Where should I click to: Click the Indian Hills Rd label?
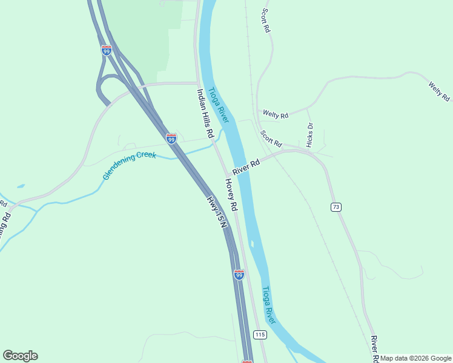(205, 113)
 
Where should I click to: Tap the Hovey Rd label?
(231, 194)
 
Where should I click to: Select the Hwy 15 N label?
(216, 211)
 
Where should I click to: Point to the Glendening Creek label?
(130, 165)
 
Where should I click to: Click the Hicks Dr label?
(310, 135)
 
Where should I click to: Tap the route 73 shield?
(336, 207)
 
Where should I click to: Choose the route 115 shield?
(260, 335)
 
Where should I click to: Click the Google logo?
(20, 356)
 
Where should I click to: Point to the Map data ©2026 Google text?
(416, 358)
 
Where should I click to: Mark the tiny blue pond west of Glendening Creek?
(21, 186)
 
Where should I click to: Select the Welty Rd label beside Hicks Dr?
(275, 114)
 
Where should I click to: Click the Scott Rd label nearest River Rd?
(271, 139)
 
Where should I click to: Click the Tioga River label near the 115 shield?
(269, 306)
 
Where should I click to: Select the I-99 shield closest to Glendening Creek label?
(171, 139)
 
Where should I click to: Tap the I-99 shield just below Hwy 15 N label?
(239, 275)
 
